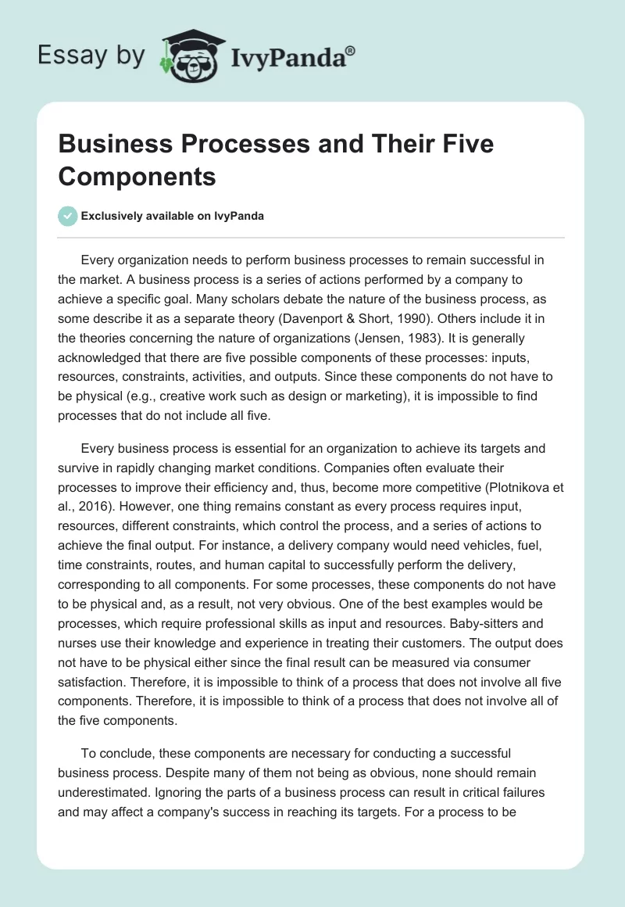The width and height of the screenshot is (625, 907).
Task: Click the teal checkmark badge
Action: tap(68, 216)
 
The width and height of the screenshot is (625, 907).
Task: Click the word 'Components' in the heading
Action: tap(137, 177)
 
